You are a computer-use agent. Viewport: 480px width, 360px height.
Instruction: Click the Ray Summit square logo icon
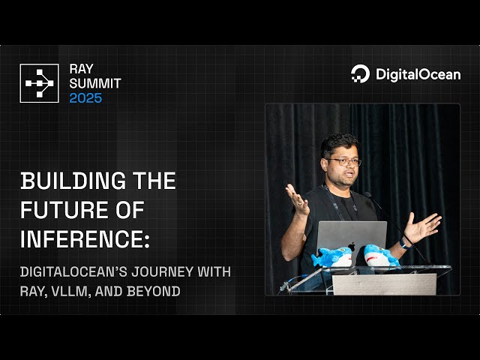(39, 83)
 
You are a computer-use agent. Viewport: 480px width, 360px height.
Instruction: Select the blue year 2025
(85, 98)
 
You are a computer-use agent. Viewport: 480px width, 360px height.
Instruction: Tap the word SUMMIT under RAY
(94, 83)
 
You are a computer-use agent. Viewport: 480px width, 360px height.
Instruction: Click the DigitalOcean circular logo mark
(360, 73)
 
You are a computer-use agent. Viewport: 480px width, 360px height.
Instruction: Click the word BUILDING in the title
(65, 181)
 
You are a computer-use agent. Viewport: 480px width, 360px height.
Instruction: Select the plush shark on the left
(331, 257)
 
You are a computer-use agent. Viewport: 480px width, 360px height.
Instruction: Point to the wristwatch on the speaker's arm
(405, 243)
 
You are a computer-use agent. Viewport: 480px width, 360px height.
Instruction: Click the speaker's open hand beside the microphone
(423, 226)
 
